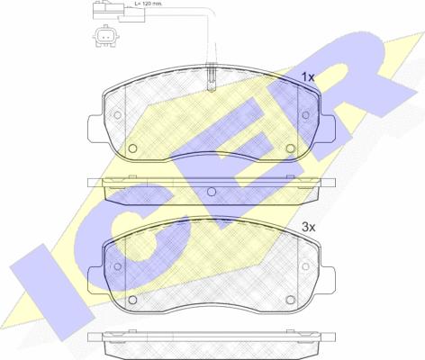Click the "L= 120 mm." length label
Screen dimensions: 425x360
tap(148, 4)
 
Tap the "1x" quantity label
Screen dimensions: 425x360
tap(308, 77)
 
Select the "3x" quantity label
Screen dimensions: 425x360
tap(309, 228)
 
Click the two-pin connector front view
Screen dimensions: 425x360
tap(105, 37)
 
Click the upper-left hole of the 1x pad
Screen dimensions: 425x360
tap(118, 115)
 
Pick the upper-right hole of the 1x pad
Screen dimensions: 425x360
tap(305, 115)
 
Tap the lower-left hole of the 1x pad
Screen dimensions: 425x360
tap(132, 148)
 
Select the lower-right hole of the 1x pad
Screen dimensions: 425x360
tap(291, 148)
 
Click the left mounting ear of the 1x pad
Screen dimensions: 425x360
tap(95, 128)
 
